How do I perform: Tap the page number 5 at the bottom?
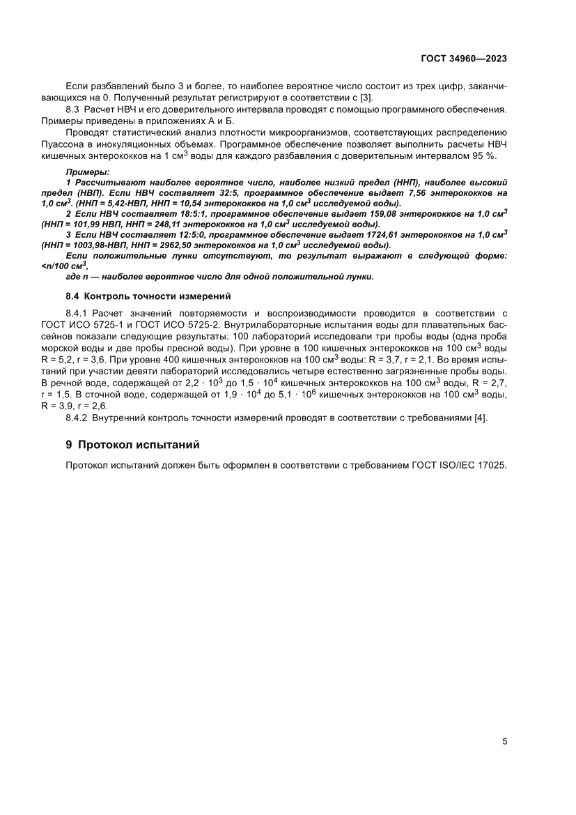pos(504,741)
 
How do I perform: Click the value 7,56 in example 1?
pos(412,192)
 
